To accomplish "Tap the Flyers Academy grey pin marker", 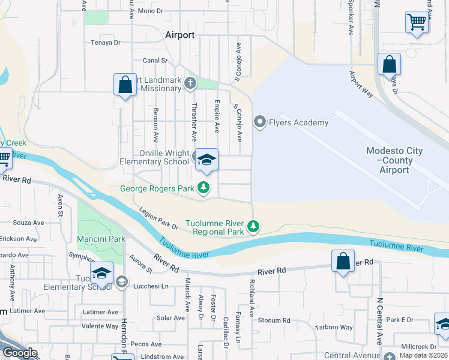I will [x=260, y=122].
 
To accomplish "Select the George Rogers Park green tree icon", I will [x=204, y=188].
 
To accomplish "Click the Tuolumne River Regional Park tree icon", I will [x=254, y=227].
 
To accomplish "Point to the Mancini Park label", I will [x=101, y=239].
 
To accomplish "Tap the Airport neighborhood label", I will [x=179, y=35].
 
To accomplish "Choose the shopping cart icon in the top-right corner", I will [x=416, y=22].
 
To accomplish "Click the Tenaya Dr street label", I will [x=106, y=43].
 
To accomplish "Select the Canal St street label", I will [x=154, y=61].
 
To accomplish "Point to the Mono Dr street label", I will [x=151, y=11].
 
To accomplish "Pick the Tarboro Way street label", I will [x=334, y=328].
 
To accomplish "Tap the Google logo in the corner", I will [x=20, y=353].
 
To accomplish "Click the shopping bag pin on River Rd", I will [x=343, y=262].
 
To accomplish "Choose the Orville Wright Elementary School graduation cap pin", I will [x=207, y=160].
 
